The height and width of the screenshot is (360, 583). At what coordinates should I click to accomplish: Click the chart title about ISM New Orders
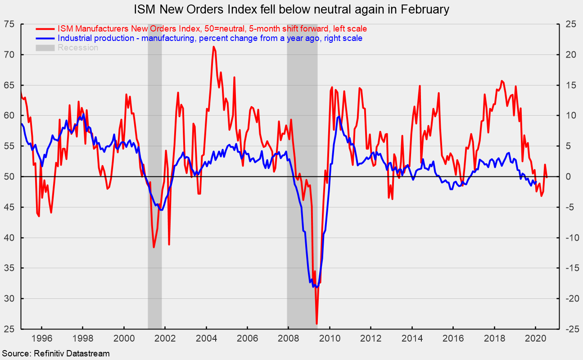click(291, 9)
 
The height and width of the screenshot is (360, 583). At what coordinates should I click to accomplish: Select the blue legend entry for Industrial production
click(210, 38)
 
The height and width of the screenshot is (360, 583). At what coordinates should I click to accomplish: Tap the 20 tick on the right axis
click(567, 54)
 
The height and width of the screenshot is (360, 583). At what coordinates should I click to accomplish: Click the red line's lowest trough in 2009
click(317, 323)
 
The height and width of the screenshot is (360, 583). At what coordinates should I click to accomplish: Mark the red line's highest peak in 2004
click(213, 47)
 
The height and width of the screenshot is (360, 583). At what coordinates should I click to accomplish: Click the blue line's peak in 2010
click(339, 117)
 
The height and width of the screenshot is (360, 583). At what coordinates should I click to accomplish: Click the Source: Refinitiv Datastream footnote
click(55, 354)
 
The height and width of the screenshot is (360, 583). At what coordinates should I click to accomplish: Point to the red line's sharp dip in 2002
click(169, 244)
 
